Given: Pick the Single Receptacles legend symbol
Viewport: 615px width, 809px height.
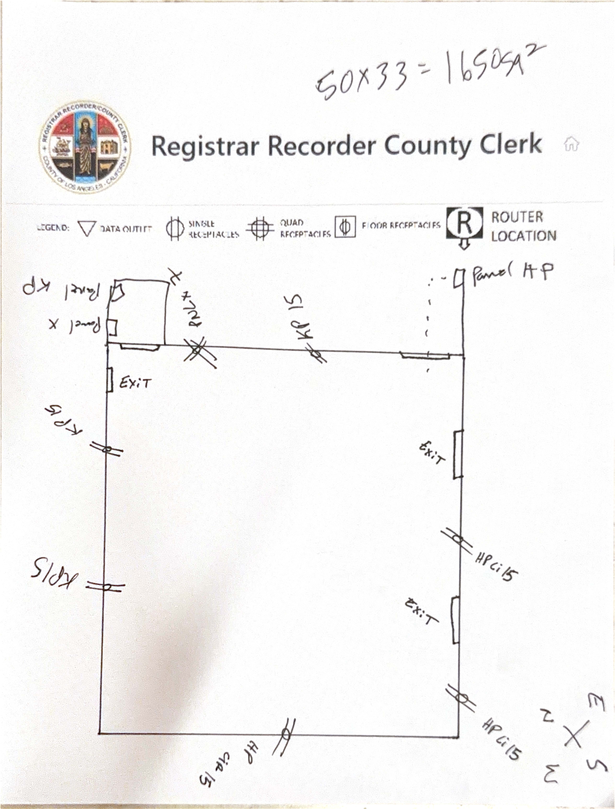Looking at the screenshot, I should pyautogui.click(x=175, y=228).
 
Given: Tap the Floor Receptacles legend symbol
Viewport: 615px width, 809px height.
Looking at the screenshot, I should pyautogui.click(x=345, y=227).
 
